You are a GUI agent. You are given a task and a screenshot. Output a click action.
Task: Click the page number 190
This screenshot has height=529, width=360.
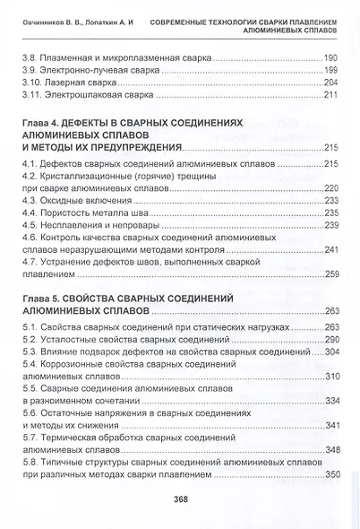[329, 56]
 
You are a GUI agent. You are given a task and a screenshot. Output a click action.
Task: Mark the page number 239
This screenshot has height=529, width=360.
[329, 226]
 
